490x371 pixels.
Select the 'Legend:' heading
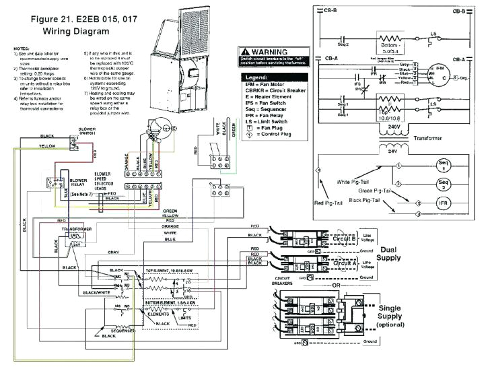260,78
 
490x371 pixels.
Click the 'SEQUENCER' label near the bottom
125,332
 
